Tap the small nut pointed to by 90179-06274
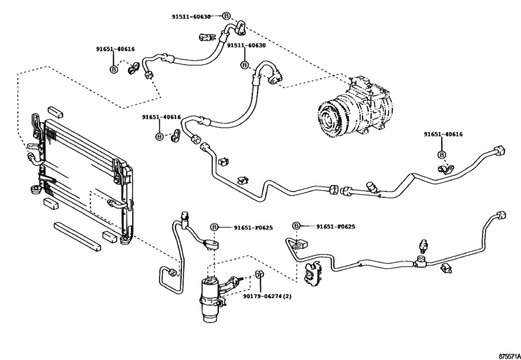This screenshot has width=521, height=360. pyautogui.click(x=258, y=276)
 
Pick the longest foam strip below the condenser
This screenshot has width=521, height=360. pyautogui.click(x=78, y=235)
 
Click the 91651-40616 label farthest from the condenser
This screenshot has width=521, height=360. pyautogui.click(x=442, y=134)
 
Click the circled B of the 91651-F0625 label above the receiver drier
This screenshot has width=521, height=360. pyautogui.click(x=215, y=226)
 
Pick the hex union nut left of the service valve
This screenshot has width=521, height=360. pyautogui.click(x=334, y=189)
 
